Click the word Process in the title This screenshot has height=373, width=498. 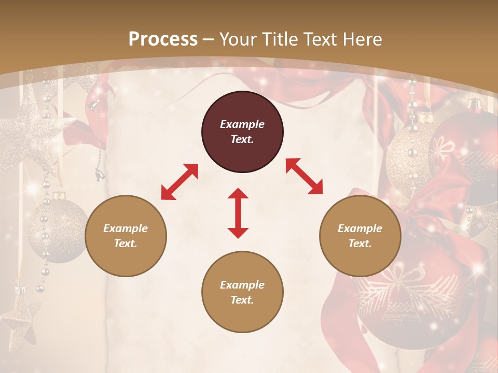click(163, 39)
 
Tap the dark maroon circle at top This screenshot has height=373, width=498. click(242, 132)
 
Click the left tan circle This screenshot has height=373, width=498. click(126, 236)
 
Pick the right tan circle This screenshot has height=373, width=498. click(360, 236)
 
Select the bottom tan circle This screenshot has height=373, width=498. click(242, 292)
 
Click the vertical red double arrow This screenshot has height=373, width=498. click(238, 213)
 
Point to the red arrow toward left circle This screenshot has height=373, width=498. click(179, 182)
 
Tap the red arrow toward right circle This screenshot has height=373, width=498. click(304, 176)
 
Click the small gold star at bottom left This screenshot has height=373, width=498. click(20, 316)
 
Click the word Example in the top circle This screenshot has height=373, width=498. click(242, 124)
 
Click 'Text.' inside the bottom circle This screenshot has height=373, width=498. click(242, 300)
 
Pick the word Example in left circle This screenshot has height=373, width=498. click(126, 228)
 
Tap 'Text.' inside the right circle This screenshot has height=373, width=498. click(360, 243)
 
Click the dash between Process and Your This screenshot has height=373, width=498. click(208, 39)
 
